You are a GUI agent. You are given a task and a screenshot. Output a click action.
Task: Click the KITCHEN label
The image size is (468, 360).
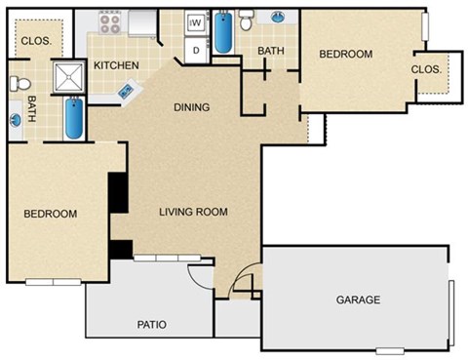[x=116, y=65]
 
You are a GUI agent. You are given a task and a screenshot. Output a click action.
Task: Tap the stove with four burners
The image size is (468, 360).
[x=109, y=20]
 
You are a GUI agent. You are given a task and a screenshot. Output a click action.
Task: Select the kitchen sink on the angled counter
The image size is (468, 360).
[x=128, y=90]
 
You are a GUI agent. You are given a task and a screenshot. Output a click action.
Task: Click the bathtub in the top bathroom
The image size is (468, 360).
[x=224, y=31]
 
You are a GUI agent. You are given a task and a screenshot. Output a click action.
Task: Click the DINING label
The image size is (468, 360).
[x=192, y=107]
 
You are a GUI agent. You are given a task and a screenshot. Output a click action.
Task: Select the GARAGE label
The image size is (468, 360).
[x=358, y=300]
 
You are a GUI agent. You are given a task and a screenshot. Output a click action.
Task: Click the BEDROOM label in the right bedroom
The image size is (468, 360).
[x=346, y=54]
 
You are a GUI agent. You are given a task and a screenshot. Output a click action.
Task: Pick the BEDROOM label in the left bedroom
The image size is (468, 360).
[x=51, y=213]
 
